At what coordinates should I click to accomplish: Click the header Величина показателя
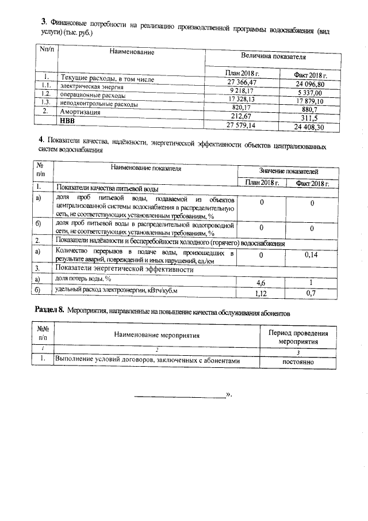[x=273, y=58]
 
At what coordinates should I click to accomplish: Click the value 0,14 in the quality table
[x=312, y=254]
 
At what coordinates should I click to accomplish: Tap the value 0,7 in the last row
[x=312, y=293]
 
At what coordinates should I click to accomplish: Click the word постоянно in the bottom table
[x=298, y=362]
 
